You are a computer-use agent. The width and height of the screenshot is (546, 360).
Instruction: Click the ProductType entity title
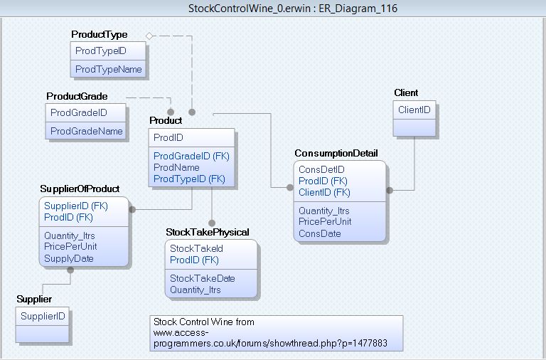(100, 34)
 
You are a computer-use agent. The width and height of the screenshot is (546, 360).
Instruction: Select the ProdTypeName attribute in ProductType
(108, 69)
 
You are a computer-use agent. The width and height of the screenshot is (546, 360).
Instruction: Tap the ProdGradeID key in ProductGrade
(79, 112)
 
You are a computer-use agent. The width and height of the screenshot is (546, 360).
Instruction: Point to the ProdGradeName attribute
(86, 131)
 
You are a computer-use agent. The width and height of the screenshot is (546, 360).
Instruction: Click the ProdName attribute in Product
(176, 167)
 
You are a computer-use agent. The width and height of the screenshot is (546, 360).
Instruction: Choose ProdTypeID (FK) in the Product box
(189, 179)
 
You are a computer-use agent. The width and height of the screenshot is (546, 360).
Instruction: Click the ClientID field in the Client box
(414, 110)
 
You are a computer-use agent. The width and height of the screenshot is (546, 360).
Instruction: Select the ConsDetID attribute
(321, 169)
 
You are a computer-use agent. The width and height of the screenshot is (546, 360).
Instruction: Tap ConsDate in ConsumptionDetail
(320, 233)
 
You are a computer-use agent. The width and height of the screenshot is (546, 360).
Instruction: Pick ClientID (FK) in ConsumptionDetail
(324, 192)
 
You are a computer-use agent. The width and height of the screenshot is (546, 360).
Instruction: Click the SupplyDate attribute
(68, 258)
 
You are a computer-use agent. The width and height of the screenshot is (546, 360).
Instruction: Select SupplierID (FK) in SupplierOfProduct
(76, 206)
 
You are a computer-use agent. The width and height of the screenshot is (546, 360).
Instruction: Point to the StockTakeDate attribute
(203, 278)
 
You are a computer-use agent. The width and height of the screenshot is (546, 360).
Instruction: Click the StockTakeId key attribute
(196, 248)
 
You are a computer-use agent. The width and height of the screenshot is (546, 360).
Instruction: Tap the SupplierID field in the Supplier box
(43, 316)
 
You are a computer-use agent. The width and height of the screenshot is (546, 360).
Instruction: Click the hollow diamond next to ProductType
(149, 36)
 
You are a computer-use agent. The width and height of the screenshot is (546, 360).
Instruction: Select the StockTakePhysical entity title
(208, 232)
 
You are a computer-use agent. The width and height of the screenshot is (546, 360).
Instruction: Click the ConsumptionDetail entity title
(336, 154)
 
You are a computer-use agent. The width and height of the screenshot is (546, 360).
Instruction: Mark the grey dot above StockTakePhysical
(212, 223)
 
